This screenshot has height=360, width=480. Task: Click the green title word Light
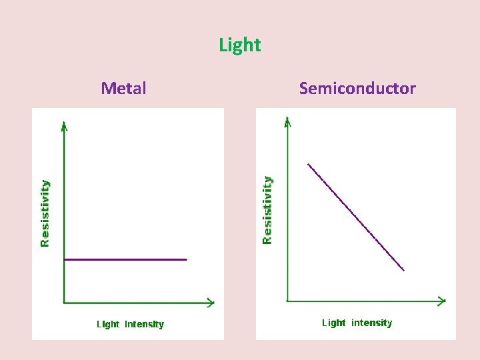[240, 45]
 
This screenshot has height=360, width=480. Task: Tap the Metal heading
[124, 88]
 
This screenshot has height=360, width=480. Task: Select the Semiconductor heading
[357, 88]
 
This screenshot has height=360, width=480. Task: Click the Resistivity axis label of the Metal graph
[45, 213]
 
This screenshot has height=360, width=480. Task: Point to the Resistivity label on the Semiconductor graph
[267, 210]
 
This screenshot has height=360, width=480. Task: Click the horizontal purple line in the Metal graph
[125, 259]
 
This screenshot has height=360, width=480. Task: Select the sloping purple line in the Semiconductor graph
[356, 217]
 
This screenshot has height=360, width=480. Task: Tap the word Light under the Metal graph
[108, 325]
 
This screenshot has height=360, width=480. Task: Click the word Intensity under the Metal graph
[145, 325]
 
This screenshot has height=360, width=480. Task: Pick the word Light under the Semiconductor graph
[333, 323]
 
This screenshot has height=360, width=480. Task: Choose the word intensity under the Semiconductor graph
[372, 323]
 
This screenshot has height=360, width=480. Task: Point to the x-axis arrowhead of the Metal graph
[211, 303]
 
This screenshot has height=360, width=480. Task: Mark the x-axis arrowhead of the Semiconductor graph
[442, 301]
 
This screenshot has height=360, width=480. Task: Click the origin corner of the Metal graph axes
[64, 303]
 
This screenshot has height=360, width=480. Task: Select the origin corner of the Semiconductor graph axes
[287, 301]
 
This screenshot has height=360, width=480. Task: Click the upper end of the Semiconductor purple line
[308, 164]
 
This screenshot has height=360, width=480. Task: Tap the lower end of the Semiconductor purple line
[404, 270]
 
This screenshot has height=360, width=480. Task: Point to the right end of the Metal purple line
[187, 259]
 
